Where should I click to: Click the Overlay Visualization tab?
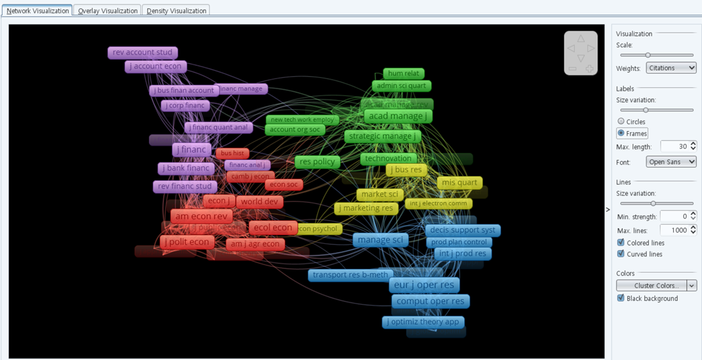tap(107, 11)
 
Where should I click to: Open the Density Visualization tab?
tap(176, 11)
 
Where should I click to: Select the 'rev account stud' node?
tap(143, 53)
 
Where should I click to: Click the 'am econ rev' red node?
tap(202, 216)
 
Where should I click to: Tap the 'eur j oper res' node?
tap(424, 285)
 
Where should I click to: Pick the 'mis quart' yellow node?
tap(460, 183)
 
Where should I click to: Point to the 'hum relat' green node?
tap(404, 74)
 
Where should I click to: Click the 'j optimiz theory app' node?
tap(423, 322)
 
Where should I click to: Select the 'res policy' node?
tap(317, 162)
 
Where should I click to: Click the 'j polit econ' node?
tap(187, 243)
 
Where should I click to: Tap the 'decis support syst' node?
tap(463, 231)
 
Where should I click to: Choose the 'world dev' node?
tap(259, 202)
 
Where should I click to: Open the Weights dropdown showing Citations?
tap(671, 68)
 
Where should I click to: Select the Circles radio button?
tap(621, 121)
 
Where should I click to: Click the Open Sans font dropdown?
tap(671, 162)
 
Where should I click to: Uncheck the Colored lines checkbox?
tap(621, 243)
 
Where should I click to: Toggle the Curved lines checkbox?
tap(621, 254)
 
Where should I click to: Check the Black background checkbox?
tap(621, 298)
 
